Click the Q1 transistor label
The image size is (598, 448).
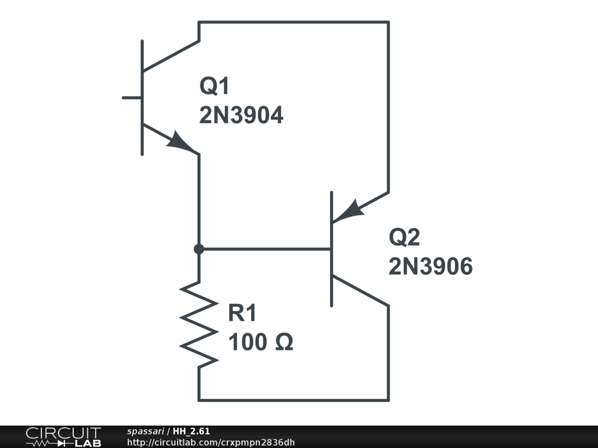click(215, 87)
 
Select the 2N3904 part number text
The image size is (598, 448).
click(241, 116)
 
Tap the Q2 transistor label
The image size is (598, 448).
click(404, 237)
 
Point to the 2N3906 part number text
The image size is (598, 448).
click(430, 267)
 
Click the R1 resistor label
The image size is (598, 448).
click(242, 314)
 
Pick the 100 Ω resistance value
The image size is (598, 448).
click(260, 343)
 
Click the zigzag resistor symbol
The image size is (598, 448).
click(199, 324)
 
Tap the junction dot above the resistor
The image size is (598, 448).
click(199, 249)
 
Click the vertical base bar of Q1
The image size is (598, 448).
click(142, 97)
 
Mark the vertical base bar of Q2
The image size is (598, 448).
click(332, 249)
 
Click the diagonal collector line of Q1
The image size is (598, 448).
click(171, 56)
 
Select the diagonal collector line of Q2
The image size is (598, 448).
click(360, 291)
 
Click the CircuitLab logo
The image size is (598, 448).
click(63, 436)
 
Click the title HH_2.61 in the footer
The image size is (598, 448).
click(192, 431)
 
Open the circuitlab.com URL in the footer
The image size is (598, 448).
click(211, 442)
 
